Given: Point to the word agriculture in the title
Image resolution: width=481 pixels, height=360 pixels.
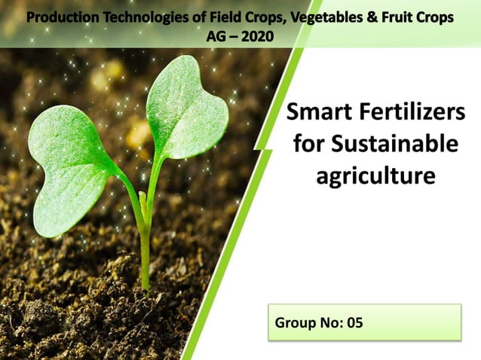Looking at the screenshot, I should (375, 176).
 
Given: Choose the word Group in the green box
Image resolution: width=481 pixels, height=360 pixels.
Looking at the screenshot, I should (296, 323).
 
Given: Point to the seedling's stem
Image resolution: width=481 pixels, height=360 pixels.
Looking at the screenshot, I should (144, 241).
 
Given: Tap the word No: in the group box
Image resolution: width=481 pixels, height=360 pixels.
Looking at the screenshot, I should (329, 323).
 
